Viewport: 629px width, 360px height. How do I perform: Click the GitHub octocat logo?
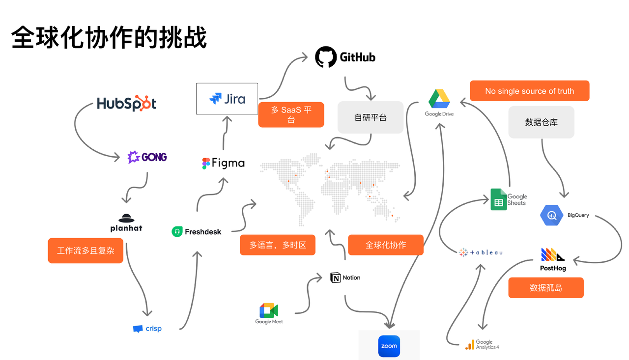[x=325, y=57]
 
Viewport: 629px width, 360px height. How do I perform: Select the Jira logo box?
[x=227, y=99]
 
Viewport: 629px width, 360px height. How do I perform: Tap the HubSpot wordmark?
[x=126, y=104]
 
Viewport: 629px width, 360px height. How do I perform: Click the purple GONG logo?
[x=147, y=157]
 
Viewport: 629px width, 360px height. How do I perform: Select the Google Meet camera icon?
[x=269, y=310]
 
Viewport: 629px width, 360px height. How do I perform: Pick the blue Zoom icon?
[x=389, y=346]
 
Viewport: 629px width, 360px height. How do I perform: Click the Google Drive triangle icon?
[x=439, y=99]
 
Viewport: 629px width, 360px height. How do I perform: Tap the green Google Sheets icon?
[x=498, y=199]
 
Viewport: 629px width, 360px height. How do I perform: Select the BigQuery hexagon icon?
[x=551, y=215]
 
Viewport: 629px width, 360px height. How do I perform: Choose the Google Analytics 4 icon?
[x=470, y=344]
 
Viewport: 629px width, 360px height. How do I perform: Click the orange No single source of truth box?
[x=529, y=91]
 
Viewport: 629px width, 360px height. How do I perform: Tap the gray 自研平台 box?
[x=370, y=117]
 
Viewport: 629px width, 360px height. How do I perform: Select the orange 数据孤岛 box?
[x=545, y=288]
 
